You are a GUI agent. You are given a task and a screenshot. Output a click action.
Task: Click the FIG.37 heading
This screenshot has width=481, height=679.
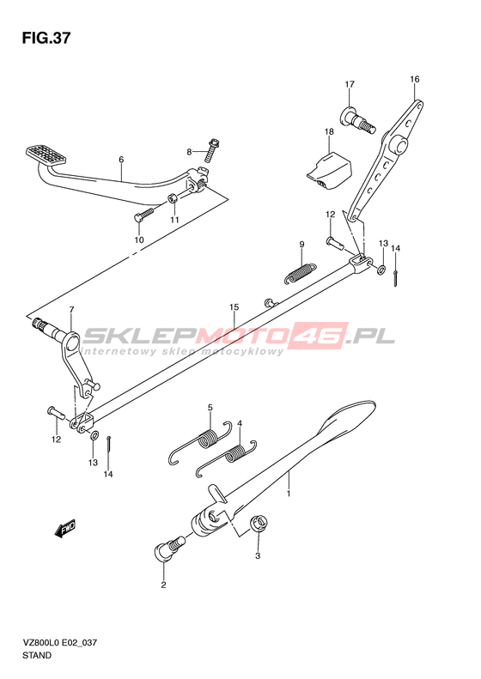click(46, 38)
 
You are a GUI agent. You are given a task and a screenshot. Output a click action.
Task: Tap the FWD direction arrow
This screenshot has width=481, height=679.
click(65, 528)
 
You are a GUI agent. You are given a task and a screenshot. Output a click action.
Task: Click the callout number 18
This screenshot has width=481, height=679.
click(329, 131)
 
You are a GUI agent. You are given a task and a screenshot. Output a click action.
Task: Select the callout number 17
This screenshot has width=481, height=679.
click(350, 84)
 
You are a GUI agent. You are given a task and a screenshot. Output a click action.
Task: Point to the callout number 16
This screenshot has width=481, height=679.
click(415, 79)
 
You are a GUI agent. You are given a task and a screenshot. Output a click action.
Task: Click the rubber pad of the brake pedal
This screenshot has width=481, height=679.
click(46, 155)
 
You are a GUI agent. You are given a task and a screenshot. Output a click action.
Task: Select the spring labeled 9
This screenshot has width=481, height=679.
click(300, 273)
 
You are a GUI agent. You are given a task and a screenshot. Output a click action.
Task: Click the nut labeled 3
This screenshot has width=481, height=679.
click(259, 524)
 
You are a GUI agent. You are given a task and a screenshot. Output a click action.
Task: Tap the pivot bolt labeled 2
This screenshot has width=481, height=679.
click(169, 548)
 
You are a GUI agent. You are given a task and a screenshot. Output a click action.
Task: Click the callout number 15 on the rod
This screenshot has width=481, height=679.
click(234, 307)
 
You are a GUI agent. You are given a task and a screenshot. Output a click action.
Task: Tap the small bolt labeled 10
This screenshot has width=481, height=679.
click(144, 215)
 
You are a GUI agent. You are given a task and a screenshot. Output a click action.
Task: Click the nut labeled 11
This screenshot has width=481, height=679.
click(172, 199)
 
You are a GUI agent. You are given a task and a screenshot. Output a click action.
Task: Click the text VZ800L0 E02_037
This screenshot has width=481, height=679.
click(59, 642)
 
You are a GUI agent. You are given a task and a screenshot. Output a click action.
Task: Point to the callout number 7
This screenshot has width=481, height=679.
click(71, 309)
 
